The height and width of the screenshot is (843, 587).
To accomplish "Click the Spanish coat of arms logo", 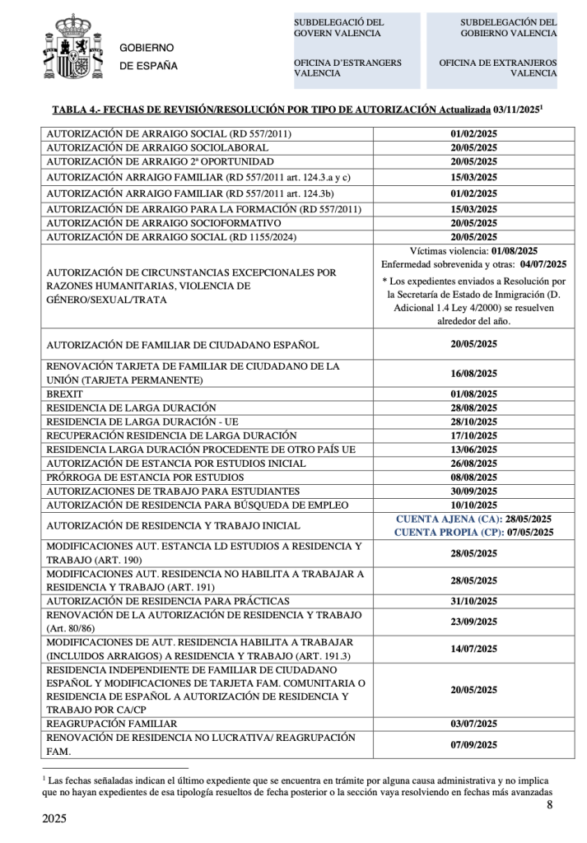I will coord(70,48).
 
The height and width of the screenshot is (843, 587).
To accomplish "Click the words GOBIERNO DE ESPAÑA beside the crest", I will coord(148,57).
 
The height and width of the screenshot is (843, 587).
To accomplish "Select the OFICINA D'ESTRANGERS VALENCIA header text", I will coord(348,67).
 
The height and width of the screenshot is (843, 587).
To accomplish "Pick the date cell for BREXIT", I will coord(474,394).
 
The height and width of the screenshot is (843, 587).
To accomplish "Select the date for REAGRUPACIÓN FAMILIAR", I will coord(474,724).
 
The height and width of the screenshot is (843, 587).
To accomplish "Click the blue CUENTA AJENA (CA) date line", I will coord(473,519).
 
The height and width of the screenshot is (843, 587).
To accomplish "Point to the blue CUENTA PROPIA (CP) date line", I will coord(473,533).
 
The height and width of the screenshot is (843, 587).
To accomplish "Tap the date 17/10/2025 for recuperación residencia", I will coord(474,435).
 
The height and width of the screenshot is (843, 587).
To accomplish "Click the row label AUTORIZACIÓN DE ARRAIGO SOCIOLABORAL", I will coord(159,147).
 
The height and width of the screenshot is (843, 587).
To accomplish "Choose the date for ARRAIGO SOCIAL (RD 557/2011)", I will coord(474,133).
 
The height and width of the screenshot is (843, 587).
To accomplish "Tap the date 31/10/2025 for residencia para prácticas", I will coord(474,601).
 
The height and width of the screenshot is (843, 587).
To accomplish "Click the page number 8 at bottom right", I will coord(549,804).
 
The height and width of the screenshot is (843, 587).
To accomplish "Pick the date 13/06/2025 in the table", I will coord(474,449).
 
